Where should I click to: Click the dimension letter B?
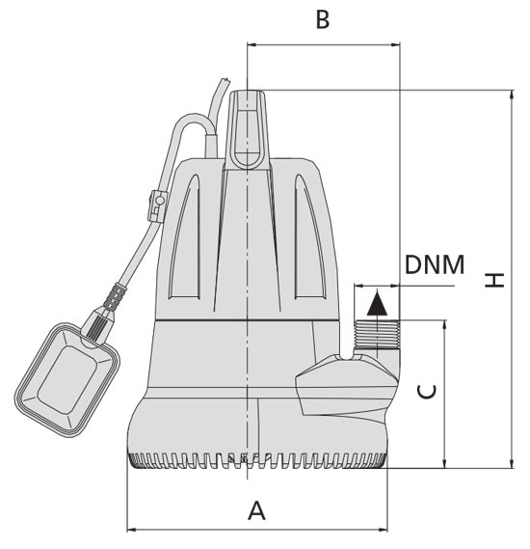pyautogui.click(x=322, y=19)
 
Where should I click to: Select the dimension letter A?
pyautogui.click(x=256, y=510)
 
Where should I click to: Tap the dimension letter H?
pyautogui.click(x=494, y=280)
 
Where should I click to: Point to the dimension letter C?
pyautogui.click(x=427, y=392)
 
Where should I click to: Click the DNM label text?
pyautogui.click(x=435, y=264)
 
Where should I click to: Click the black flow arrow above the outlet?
pyautogui.click(x=377, y=304)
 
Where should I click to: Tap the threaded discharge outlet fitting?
pyautogui.click(x=377, y=334)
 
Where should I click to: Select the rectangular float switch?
pyautogui.click(x=67, y=380)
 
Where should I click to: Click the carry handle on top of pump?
pyautogui.click(x=247, y=129)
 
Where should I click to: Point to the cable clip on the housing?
pyautogui.click(x=157, y=206)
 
